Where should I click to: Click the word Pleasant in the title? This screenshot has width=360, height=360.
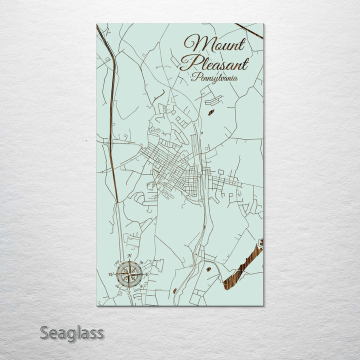coord(214,64)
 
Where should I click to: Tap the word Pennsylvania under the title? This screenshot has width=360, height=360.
coord(214,78)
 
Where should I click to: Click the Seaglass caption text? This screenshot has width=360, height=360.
coord(72,332)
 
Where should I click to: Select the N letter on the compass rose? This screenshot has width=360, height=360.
coord(129,256)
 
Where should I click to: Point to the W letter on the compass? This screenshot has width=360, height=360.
coord(111,274)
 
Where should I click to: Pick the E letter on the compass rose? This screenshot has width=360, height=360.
coord(148,274)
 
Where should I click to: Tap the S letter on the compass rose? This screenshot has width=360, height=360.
coord(129,291)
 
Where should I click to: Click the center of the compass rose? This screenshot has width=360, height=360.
coord(129,273)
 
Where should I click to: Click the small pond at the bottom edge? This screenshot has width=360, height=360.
coord(174,290)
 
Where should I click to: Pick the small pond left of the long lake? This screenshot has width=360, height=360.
coord(207,269)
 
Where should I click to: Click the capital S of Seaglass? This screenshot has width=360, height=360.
coord(44,332)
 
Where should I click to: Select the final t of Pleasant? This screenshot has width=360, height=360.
coord(245,64)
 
